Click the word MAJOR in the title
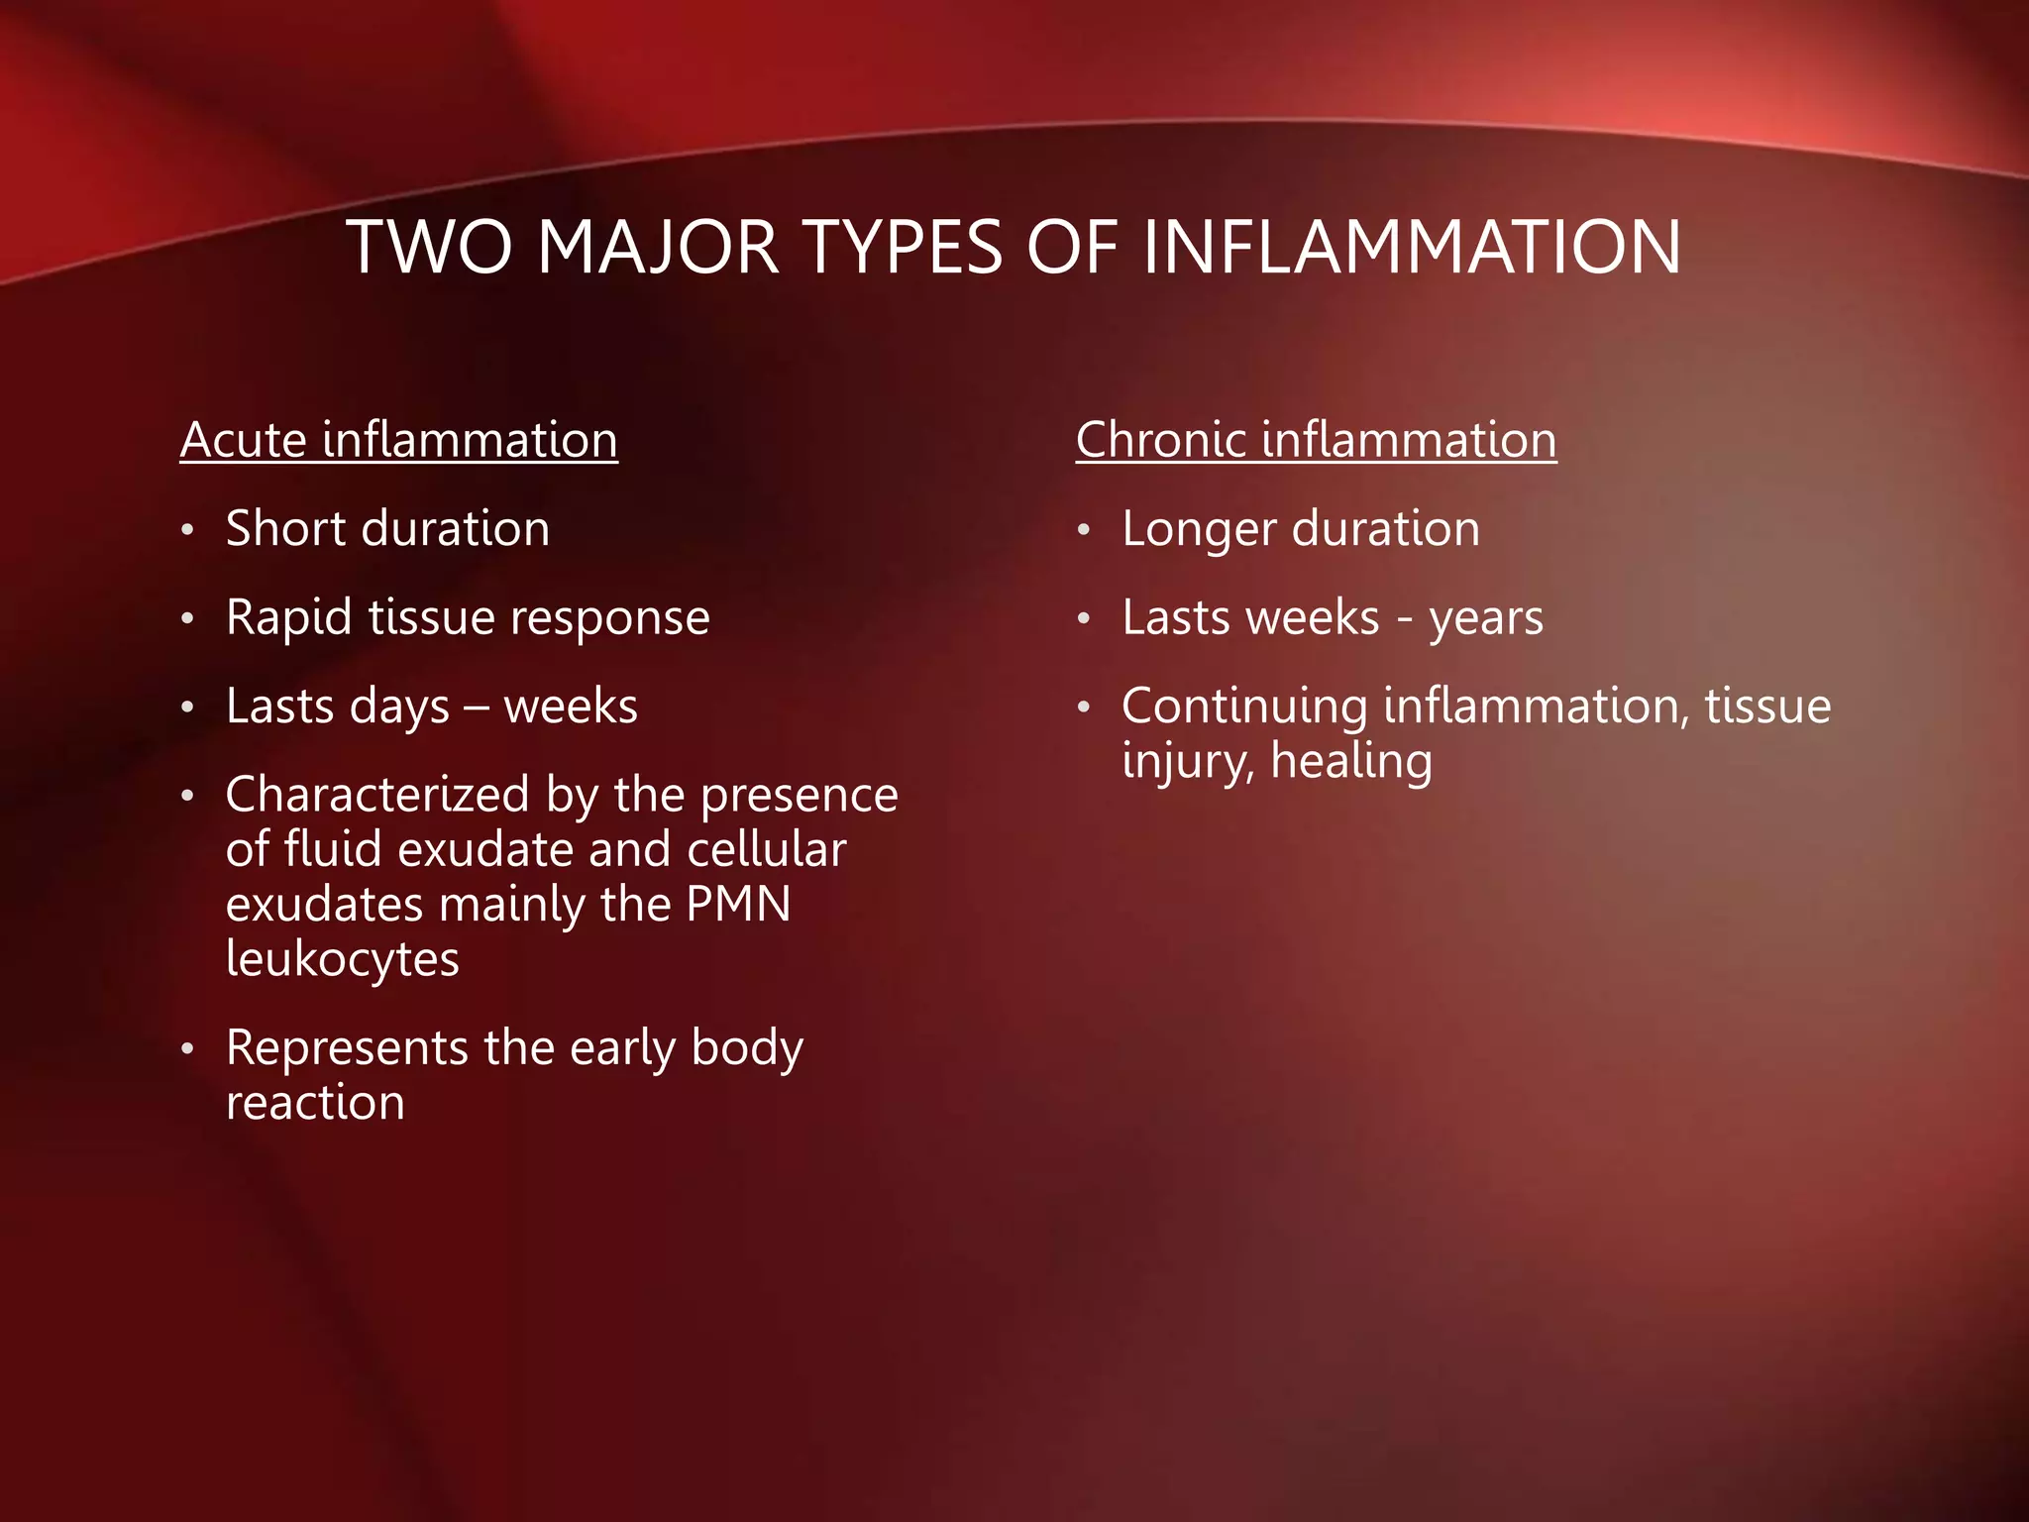pyautogui.click(x=658, y=247)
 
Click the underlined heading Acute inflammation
pyautogui.click(x=398, y=440)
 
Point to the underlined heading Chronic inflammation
pyautogui.click(x=1316, y=440)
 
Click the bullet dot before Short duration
pyautogui.click(x=188, y=531)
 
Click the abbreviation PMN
pyautogui.click(x=739, y=904)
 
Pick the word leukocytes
pyautogui.click(x=343, y=959)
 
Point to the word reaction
pyautogui.click(x=315, y=1103)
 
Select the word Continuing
pyautogui.click(x=1245, y=707)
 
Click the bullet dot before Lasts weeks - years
pyautogui.click(x=1085, y=620)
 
